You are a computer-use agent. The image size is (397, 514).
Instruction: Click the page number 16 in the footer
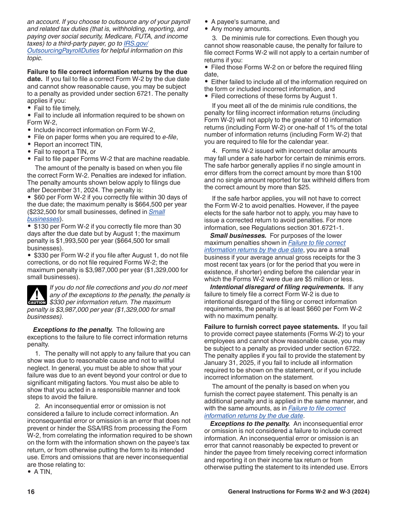point(31,492)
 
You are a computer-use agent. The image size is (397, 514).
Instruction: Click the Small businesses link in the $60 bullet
point(157,212)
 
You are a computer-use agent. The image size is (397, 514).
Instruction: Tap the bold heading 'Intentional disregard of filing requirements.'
point(277,287)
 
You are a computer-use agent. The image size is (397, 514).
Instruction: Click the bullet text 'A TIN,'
point(43,472)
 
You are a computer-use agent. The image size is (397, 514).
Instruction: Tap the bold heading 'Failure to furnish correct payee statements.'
point(272,327)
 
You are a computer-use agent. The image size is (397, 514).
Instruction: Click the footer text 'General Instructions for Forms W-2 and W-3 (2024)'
point(299,492)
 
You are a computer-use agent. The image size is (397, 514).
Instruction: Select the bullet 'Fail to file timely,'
point(57,108)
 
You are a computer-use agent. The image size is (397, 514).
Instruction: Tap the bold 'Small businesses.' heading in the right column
point(238,235)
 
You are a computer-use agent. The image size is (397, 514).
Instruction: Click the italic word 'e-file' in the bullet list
point(170,137)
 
